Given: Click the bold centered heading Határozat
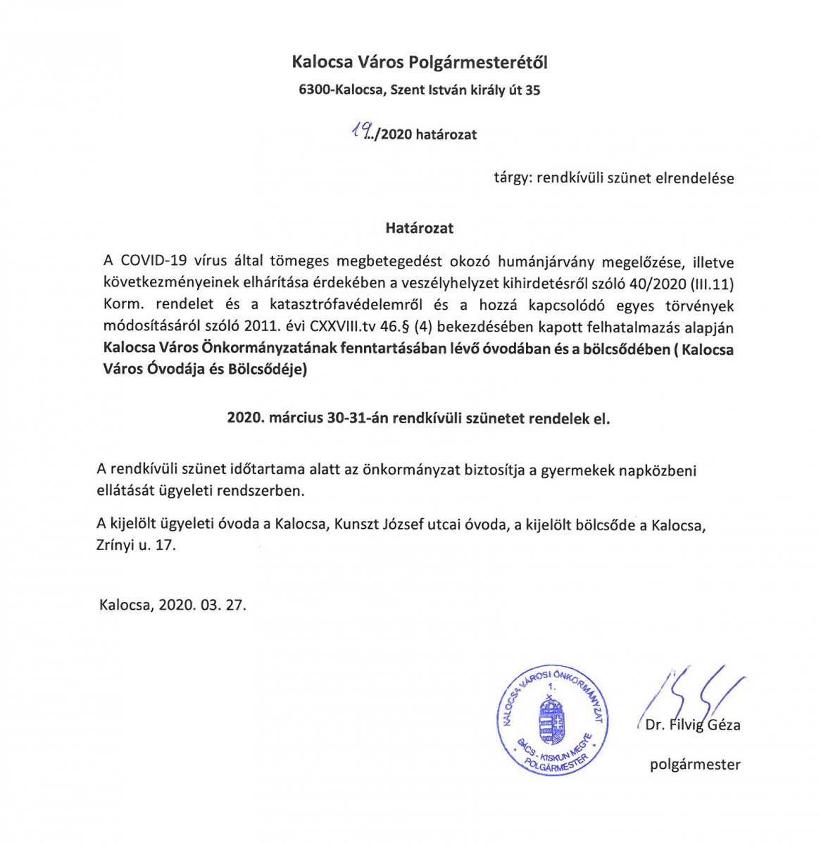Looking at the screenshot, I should click(x=419, y=228).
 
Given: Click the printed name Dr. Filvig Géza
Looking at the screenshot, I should click(x=692, y=725).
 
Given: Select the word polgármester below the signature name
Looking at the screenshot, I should click(x=694, y=765).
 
